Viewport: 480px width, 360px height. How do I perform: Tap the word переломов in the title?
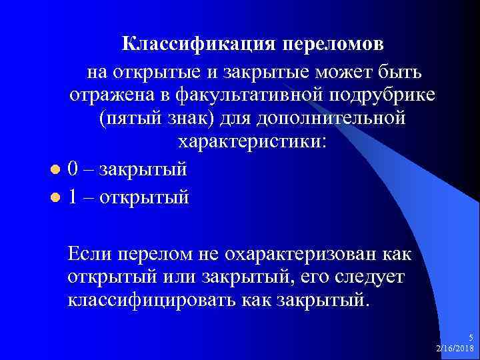coord(333,45)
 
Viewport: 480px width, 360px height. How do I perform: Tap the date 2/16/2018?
coord(455,349)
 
